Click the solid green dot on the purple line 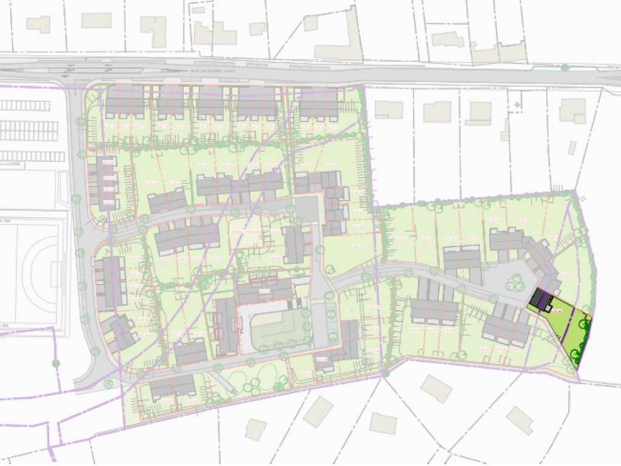point(56,363)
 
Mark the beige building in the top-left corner point(38,24)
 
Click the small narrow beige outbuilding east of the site point(572,148)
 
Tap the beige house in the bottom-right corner point(519,420)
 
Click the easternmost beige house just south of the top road point(572,110)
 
